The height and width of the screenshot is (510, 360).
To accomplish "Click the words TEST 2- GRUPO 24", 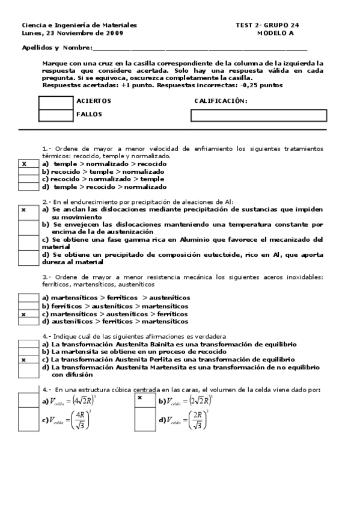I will [x=267, y=25].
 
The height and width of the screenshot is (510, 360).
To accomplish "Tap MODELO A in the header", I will [x=276, y=33].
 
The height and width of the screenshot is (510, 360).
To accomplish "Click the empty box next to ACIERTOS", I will [x=55, y=102].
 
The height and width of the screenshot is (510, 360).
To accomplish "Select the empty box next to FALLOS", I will [x=55, y=115].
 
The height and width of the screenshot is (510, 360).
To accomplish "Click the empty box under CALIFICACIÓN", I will [x=258, y=115].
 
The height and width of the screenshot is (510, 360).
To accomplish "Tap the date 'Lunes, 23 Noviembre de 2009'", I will [x=64, y=33].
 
